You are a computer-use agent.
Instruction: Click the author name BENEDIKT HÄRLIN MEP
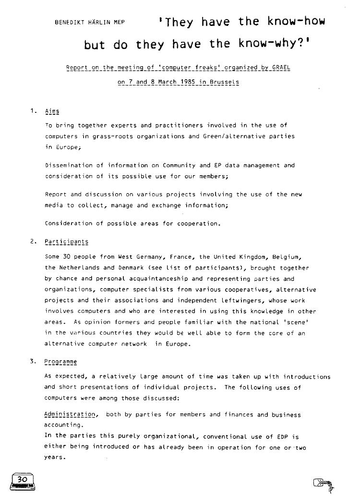90,22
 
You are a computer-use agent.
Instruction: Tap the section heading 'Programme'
60,361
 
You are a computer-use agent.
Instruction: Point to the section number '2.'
33,242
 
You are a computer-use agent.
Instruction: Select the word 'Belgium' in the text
290,257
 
